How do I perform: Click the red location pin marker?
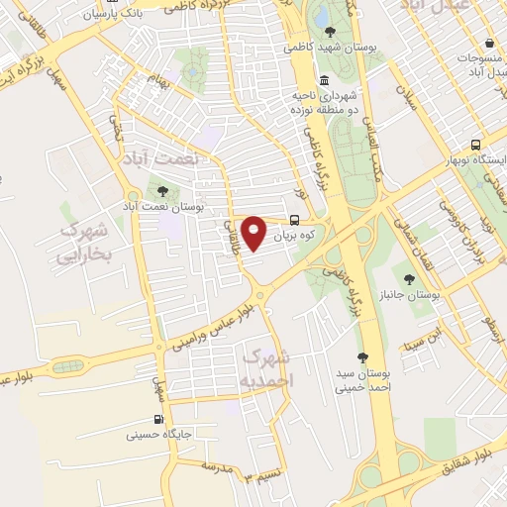(255, 233)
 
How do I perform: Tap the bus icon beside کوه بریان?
(295, 222)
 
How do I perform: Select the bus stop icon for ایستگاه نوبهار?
(476, 144)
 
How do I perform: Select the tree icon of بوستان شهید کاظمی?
(330, 31)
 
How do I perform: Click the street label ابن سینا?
(416, 346)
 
